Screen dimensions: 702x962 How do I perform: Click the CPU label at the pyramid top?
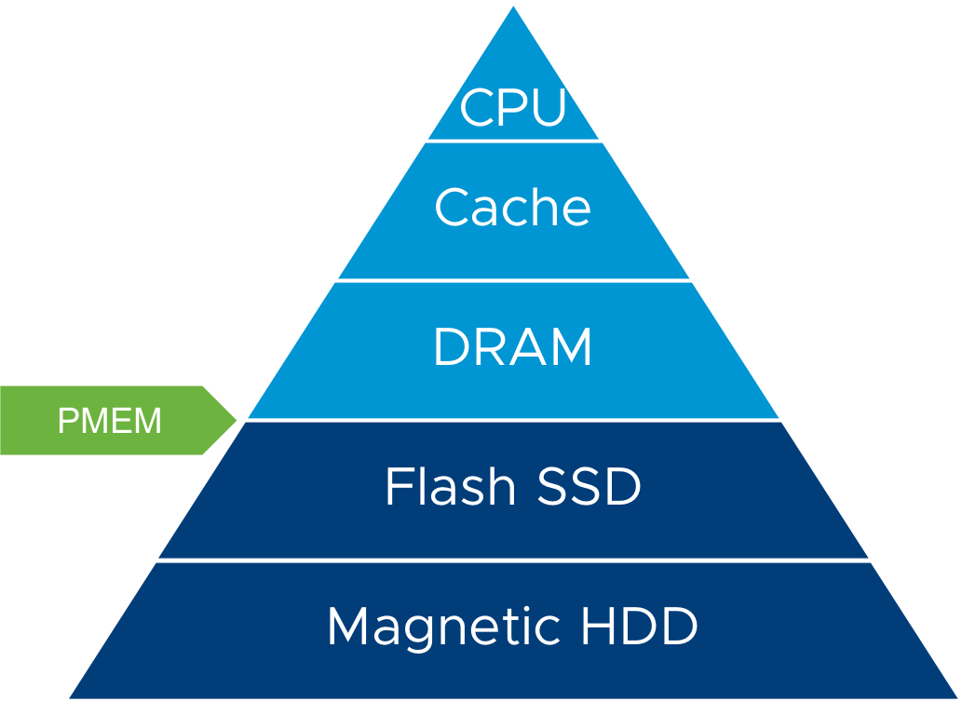click(x=513, y=107)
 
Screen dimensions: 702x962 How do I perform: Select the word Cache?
click(x=513, y=207)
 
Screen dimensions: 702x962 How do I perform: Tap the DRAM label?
click(x=513, y=348)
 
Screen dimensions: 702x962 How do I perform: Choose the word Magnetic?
click(x=446, y=626)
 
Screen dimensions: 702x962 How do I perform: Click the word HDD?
click(x=639, y=626)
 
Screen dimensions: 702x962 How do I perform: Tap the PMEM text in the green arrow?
click(x=110, y=421)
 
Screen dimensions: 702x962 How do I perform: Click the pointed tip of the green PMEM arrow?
click(x=237, y=420)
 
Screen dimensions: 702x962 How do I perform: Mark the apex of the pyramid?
click(x=513, y=4)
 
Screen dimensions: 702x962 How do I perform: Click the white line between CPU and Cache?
click(x=513, y=141)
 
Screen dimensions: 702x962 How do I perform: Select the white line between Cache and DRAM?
click(x=513, y=279)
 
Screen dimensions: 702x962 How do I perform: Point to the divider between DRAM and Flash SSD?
click(x=513, y=420)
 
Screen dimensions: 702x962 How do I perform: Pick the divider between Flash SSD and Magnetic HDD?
click(x=513, y=560)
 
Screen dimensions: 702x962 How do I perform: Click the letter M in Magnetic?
click(x=349, y=626)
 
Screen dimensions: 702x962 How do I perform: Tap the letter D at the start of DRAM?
click(x=450, y=348)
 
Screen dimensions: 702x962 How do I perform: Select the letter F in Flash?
click(x=399, y=486)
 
